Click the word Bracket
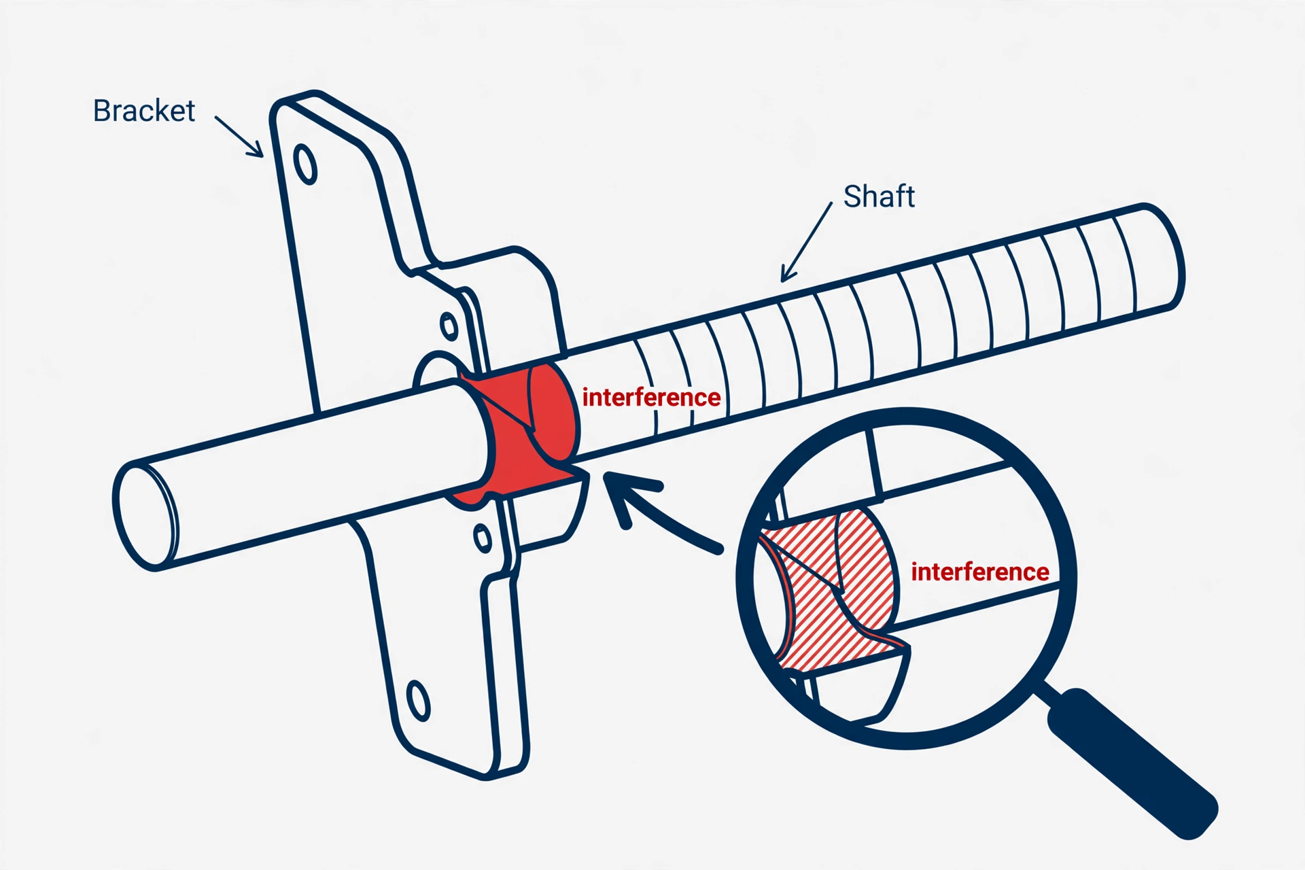pos(144,111)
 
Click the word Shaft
pos(879,196)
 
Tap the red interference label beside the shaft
pos(651,397)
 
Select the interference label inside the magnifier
pos(979,572)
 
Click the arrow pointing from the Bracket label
pos(239,137)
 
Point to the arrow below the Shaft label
pos(806,242)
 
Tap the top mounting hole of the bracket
pos(305,164)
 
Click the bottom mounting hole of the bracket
pos(418,700)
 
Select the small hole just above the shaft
pos(449,327)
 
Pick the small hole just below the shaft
pos(483,538)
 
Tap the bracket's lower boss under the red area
pos(544,513)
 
